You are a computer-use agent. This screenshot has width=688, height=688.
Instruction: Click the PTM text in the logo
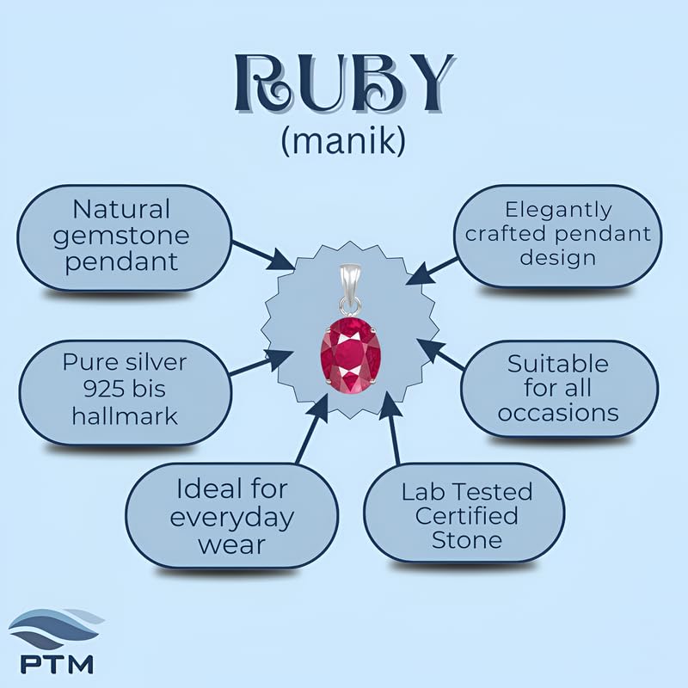pos(57,664)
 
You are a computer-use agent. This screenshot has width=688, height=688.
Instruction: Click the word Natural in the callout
pos(121,209)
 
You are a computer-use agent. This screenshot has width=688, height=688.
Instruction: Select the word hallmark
pos(125,416)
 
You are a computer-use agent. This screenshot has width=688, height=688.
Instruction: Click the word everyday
pos(231,519)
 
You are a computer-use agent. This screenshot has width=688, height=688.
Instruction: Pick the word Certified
pos(466,515)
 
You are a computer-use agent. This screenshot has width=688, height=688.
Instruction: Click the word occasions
pos(558,413)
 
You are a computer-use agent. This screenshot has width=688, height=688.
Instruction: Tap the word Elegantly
pos(558,211)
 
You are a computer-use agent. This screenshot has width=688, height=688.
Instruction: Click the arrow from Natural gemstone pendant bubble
pos(263,255)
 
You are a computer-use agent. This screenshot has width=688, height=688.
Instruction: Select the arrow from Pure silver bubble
pos(261,363)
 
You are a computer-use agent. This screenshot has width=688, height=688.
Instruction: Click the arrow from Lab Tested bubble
pos(390,427)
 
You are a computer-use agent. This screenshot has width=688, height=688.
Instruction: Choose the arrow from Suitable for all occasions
pos(439,353)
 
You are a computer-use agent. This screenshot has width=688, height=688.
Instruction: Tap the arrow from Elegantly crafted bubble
pos(433,271)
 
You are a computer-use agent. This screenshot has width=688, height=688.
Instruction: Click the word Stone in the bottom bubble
pos(467,540)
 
